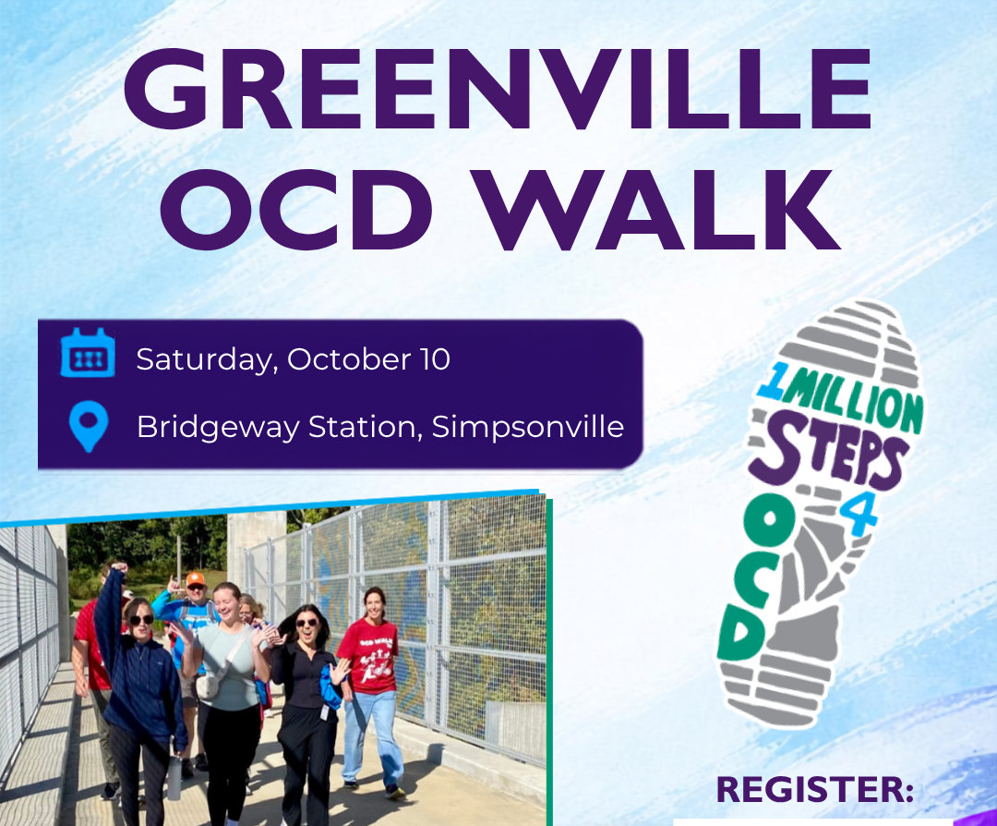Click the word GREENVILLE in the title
[x=498, y=89]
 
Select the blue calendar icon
[x=88, y=353]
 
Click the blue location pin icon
[x=89, y=426]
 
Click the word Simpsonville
[x=528, y=426]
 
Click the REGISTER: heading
[x=815, y=789]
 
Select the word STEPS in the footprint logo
[x=826, y=453]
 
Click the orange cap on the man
[x=195, y=579]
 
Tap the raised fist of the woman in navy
[x=119, y=567]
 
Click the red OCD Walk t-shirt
[x=368, y=655]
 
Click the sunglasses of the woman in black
[x=306, y=623]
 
